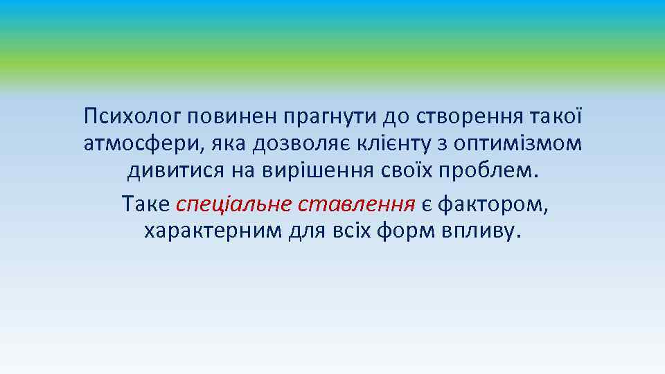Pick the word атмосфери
(138, 143)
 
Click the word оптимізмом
(526, 143)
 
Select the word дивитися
(170, 170)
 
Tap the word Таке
(145, 204)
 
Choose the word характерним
(212, 231)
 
